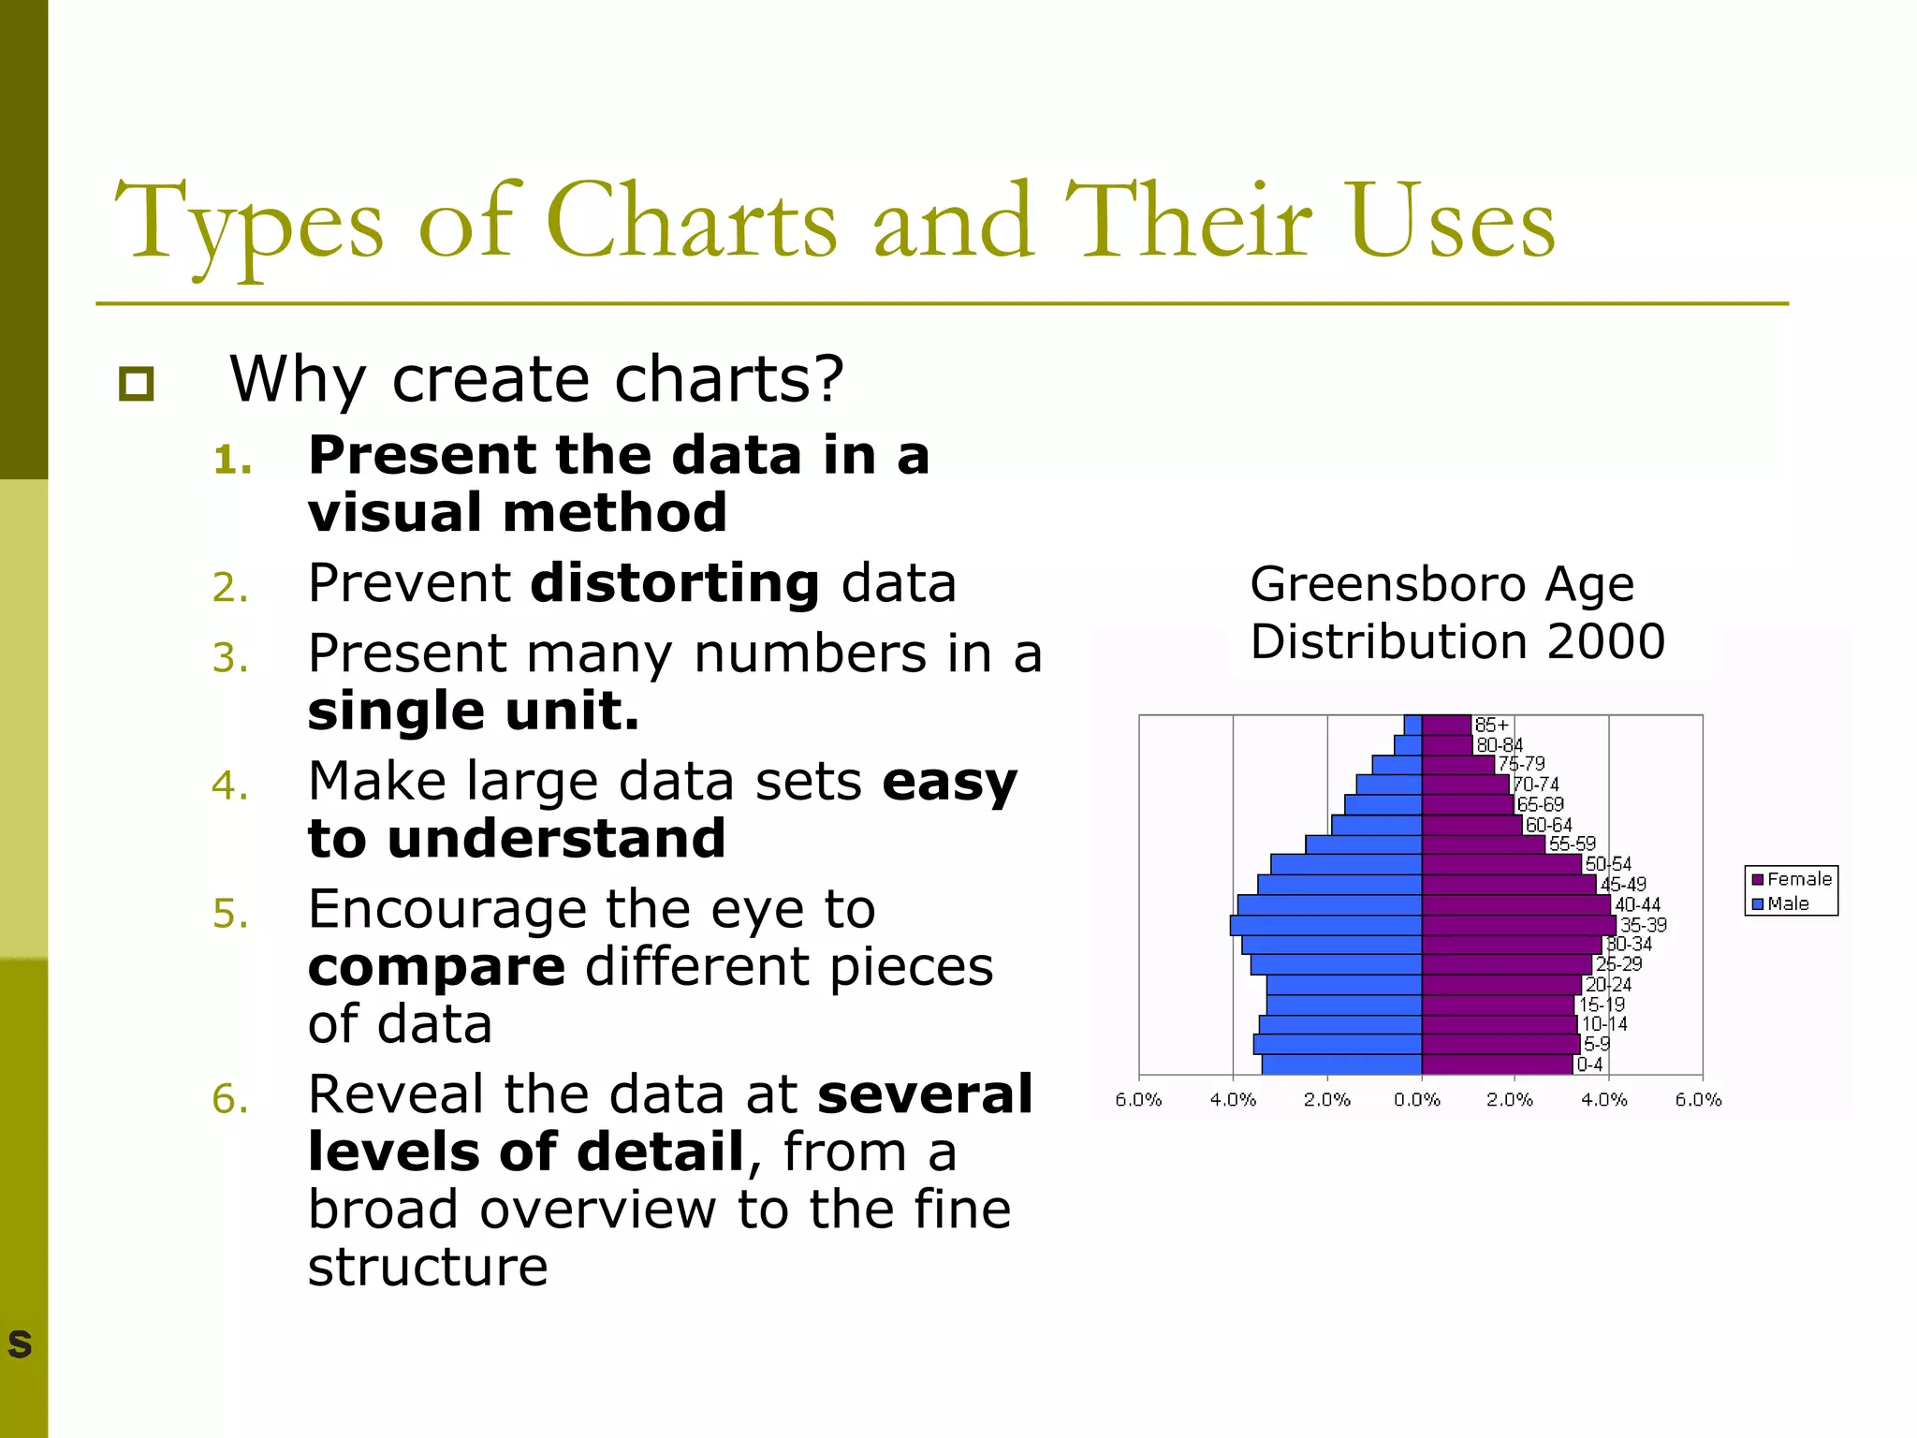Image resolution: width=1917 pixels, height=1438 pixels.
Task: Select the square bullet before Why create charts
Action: [x=137, y=383]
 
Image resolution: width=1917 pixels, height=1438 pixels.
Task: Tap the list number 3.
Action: [x=229, y=657]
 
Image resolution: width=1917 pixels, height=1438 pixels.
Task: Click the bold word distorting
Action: [x=675, y=583]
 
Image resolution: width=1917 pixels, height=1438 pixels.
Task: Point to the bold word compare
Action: [x=436, y=966]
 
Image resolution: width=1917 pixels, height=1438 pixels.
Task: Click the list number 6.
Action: [x=229, y=1098]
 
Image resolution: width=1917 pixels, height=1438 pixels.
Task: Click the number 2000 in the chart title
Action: [x=1604, y=642]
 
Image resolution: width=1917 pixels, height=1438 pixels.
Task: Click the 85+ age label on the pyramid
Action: [x=1491, y=725]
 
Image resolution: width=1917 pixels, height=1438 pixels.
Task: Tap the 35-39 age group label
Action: [x=1643, y=925]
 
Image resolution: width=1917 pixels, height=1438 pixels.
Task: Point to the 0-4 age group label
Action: [x=1589, y=1064]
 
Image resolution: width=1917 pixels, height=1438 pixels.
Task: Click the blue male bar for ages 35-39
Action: [x=1325, y=925]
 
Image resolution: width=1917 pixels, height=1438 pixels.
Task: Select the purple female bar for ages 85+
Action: [x=1446, y=725]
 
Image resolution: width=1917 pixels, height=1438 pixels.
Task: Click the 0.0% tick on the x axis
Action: [x=1417, y=1099]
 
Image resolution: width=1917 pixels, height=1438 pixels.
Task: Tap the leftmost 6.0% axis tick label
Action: [x=1137, y=1099]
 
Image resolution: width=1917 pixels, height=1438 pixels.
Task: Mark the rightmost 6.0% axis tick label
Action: [x=1698, y=1099]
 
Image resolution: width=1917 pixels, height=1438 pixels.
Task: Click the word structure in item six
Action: [x=428, y=1267]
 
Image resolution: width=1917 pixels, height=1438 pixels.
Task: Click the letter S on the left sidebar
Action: [x=20, y=1343]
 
